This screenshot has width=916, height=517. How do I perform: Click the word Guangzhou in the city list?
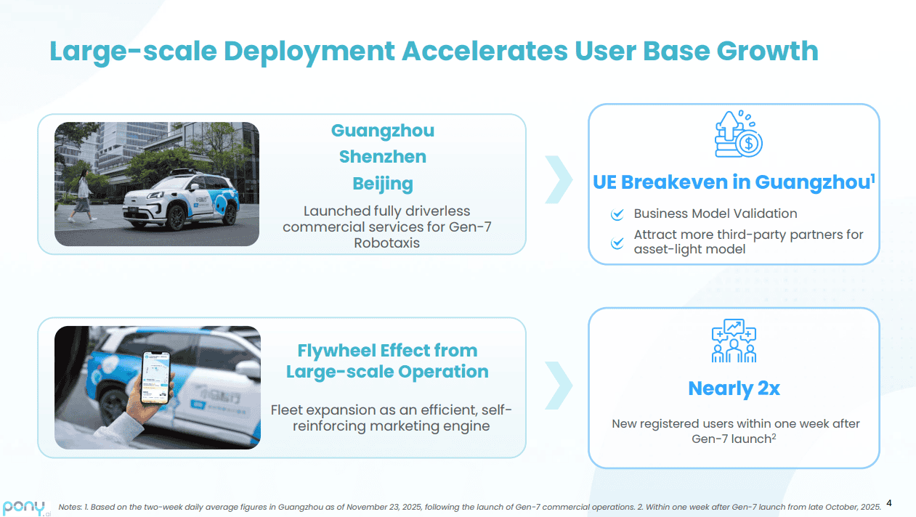(x=382, y=131)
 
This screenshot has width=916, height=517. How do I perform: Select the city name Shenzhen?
(x=383, y=157)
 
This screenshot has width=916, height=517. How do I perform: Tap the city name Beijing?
(x=383, y=184)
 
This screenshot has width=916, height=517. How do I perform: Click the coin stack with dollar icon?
(x=738, y=134)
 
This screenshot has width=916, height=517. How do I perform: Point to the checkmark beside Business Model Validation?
(x=617, y=213)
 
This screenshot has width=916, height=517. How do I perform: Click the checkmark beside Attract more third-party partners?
(x=617, y=243)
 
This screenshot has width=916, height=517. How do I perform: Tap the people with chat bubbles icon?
(x=734, y=341)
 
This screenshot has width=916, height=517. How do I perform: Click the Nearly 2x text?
(x=734, y=388)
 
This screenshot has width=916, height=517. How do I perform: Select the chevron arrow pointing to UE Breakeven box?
(x=559, y=179)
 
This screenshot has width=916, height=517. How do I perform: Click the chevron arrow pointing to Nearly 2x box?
(x=559, y=385)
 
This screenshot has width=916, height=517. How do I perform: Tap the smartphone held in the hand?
(x=155, y=378)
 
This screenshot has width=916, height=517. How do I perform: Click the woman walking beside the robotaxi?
(x=83, y=196)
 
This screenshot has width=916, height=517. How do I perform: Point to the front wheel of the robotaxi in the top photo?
(x=177, y=217)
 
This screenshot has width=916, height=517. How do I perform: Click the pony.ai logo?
(x=27, y=508)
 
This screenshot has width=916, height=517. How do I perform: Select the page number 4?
(x=889, y=503)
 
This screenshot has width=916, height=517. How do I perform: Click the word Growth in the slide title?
(x=767, y=52)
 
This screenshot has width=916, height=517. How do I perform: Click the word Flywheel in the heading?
(x=336, y=351)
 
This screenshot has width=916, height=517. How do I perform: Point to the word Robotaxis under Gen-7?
(x=387, y=243)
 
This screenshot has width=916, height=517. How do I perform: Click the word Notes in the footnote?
(x=70, y=507)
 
